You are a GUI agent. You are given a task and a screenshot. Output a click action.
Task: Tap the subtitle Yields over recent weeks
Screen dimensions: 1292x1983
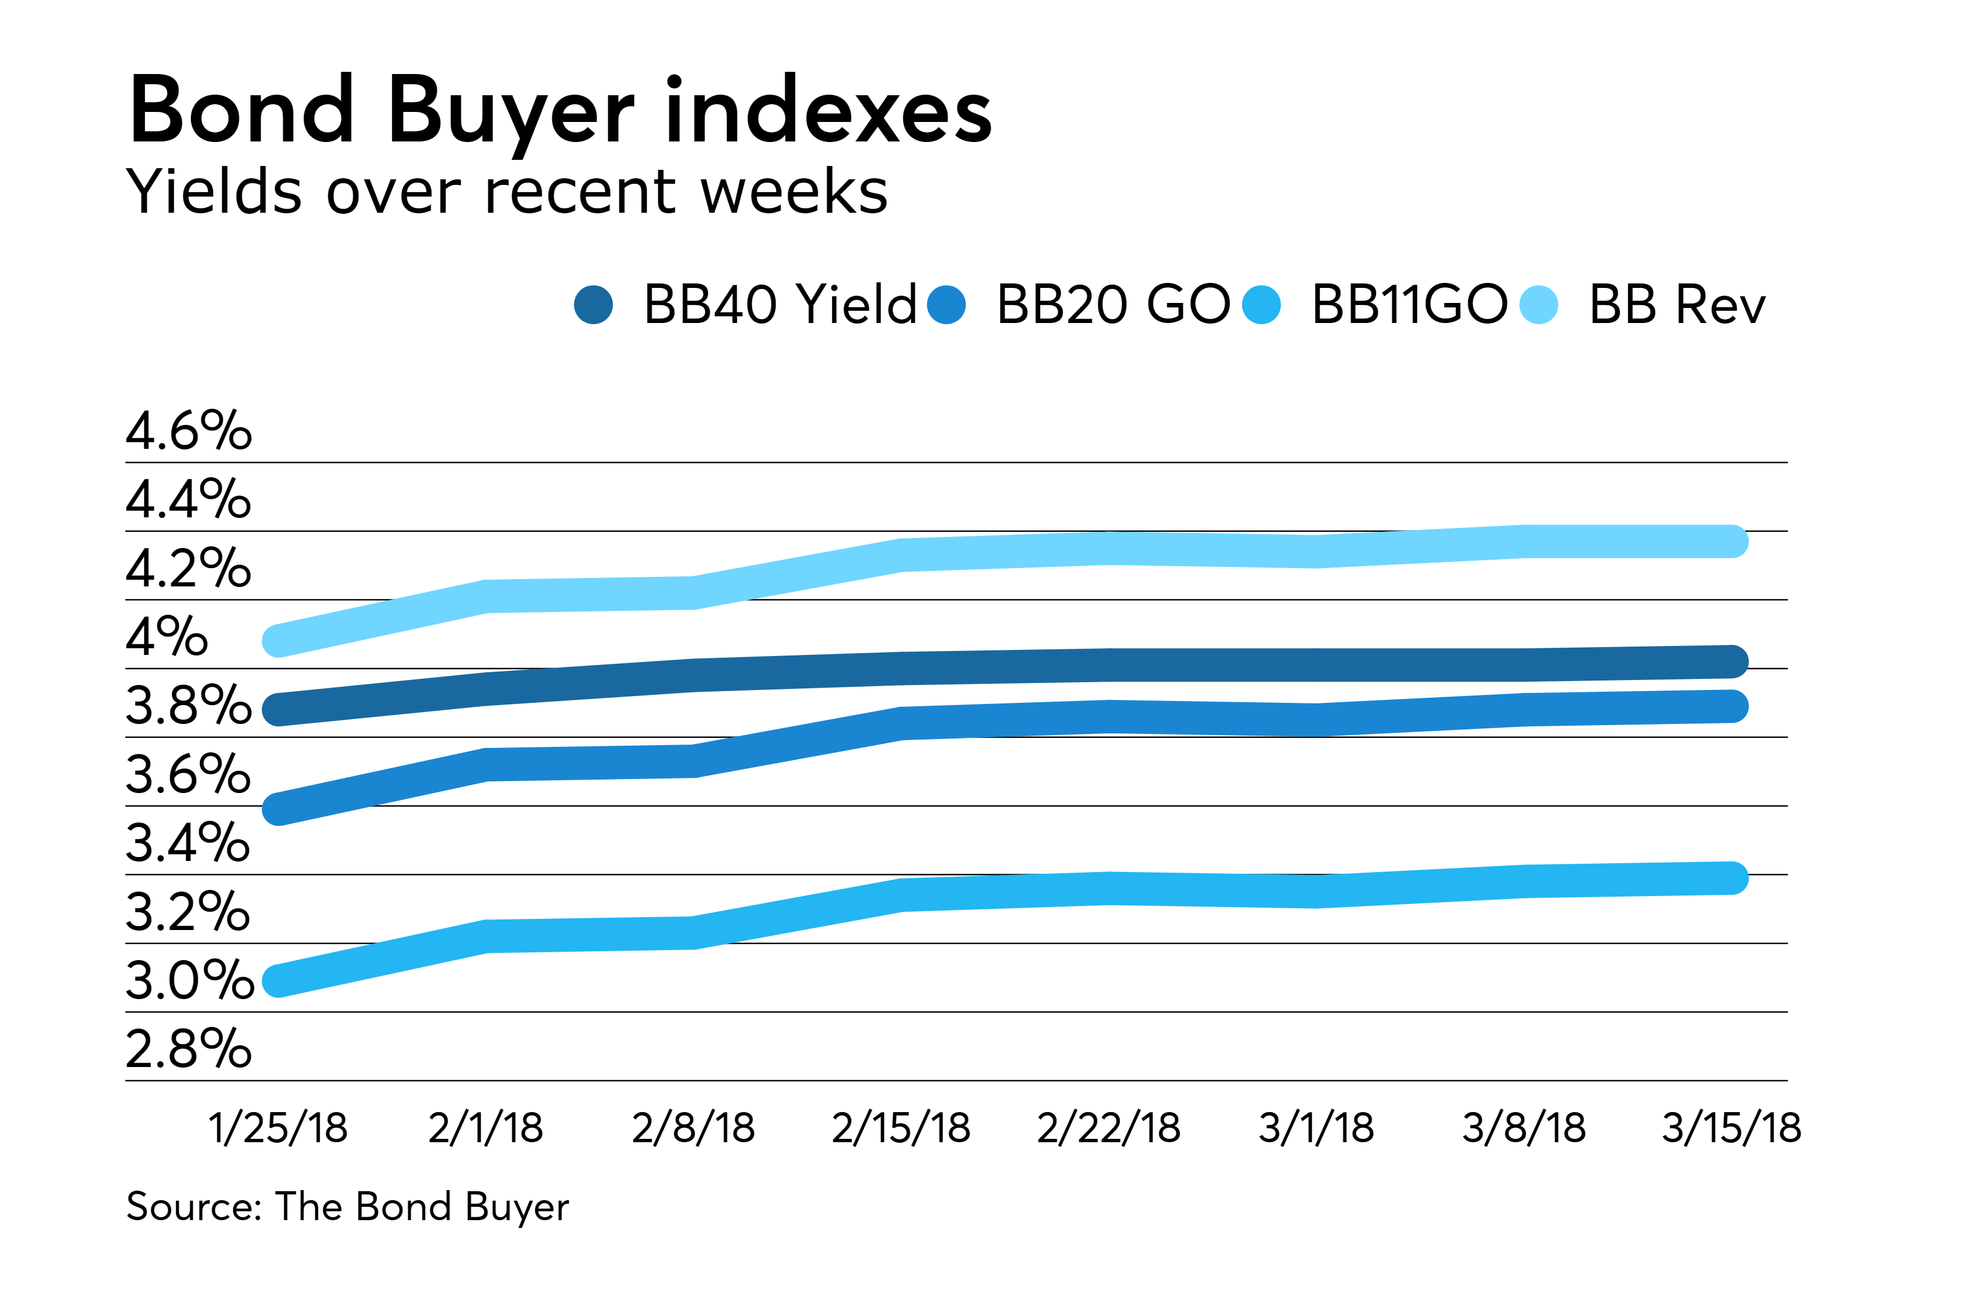tap(506, 192)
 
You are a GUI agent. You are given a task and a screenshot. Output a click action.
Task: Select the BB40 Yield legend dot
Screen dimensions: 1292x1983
tap(593, 305)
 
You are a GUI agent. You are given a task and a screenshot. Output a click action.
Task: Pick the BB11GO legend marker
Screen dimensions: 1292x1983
tap(1261, 305)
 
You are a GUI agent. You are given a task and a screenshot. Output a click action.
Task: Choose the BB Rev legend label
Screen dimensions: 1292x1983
tap(1677, 305)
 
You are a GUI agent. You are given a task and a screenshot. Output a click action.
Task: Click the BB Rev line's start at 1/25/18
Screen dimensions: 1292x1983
tap(277, 640)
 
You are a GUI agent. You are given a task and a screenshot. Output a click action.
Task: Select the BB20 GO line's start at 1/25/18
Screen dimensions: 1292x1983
tap(277, 809)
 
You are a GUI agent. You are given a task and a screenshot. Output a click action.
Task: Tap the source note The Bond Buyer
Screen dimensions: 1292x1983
tap(348, 1207)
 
